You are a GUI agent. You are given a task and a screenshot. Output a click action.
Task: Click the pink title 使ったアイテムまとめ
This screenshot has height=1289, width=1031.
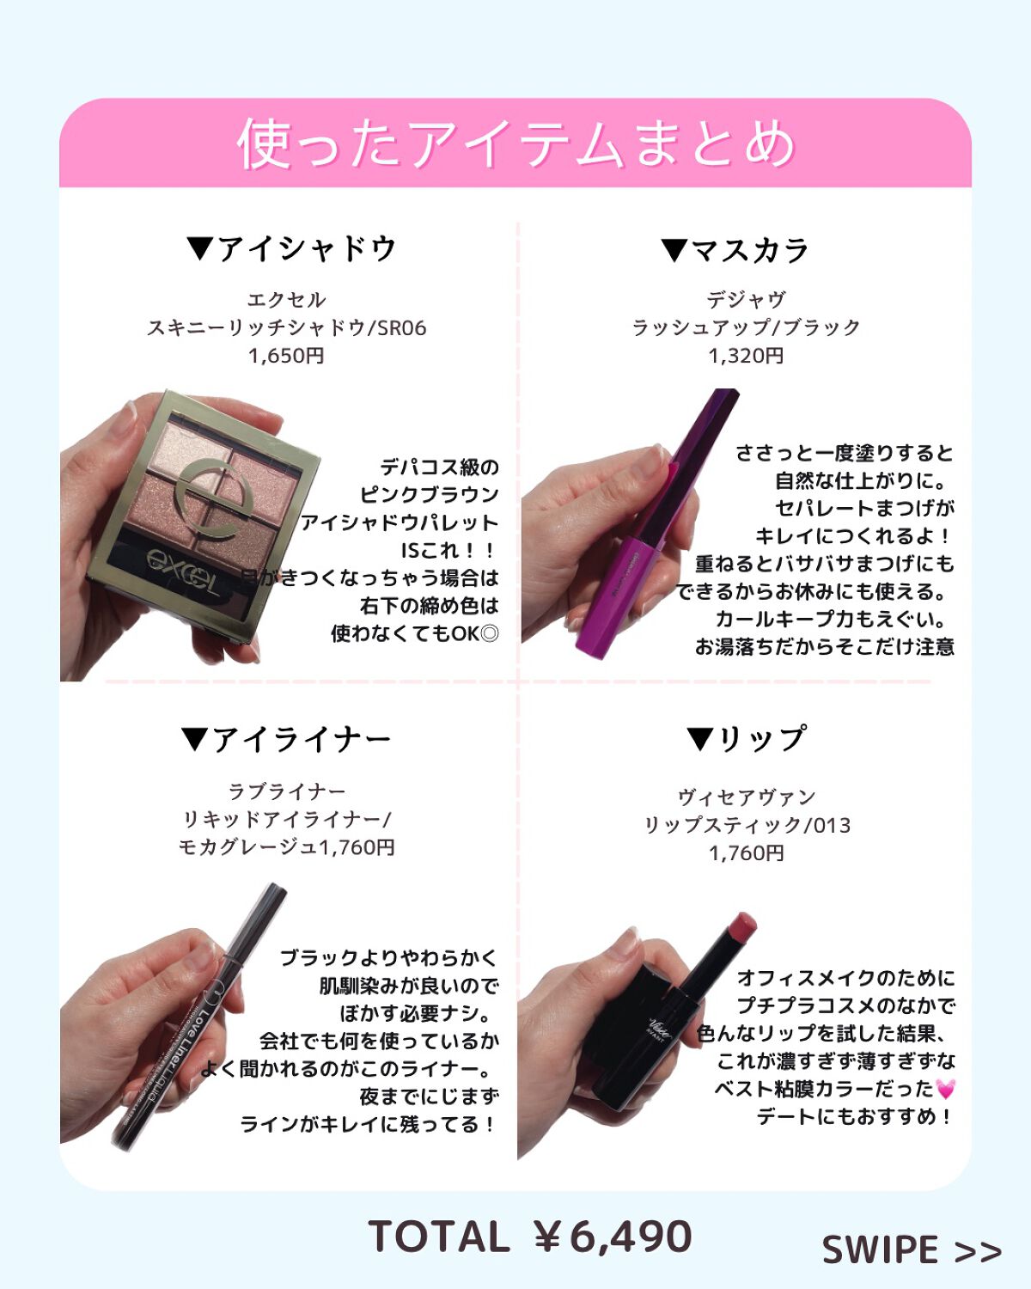(516, 144)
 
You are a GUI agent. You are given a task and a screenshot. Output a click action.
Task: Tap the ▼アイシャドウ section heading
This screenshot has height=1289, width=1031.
(292, 248)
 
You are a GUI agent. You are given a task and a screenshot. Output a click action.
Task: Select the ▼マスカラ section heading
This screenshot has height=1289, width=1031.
(735, 250)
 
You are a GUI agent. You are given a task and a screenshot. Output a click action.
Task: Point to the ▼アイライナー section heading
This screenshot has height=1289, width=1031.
(286, 740)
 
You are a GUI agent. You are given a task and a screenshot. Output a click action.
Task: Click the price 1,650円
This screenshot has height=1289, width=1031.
(286, 356)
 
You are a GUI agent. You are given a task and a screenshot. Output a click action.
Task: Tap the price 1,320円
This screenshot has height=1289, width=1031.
(747, 356)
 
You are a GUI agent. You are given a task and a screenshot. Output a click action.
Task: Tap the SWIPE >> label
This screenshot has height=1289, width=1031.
(912, 1250)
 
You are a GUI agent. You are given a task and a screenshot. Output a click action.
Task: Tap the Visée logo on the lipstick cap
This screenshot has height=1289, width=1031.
(661, 1028)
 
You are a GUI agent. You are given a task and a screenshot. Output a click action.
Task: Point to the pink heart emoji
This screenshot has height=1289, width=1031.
(945, 1089)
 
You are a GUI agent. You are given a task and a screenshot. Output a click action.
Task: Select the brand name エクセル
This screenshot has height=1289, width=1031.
(286, 300)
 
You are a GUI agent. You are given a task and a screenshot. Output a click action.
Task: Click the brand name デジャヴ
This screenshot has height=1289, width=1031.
(747, 299)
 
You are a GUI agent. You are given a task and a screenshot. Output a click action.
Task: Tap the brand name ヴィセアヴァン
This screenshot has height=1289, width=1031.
(747, 797)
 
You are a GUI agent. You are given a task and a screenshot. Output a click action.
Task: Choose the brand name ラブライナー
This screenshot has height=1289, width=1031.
(287, 791)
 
